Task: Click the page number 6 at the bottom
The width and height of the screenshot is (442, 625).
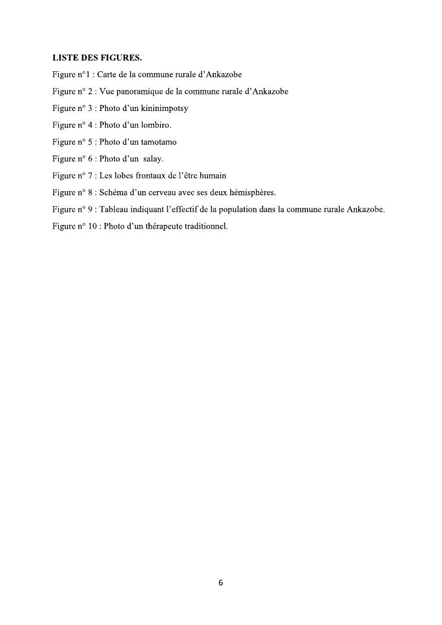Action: coord(221,583)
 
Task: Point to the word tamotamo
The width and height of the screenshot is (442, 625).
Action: coord(159,142)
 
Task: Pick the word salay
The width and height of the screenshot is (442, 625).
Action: coord(153,158)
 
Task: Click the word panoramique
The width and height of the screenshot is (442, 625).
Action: coord(137,91)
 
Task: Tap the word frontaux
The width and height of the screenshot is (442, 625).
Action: coord(148,176)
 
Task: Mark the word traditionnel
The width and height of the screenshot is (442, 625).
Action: coord(205,226)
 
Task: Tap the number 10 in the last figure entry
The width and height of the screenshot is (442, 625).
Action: coord(93,226)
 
